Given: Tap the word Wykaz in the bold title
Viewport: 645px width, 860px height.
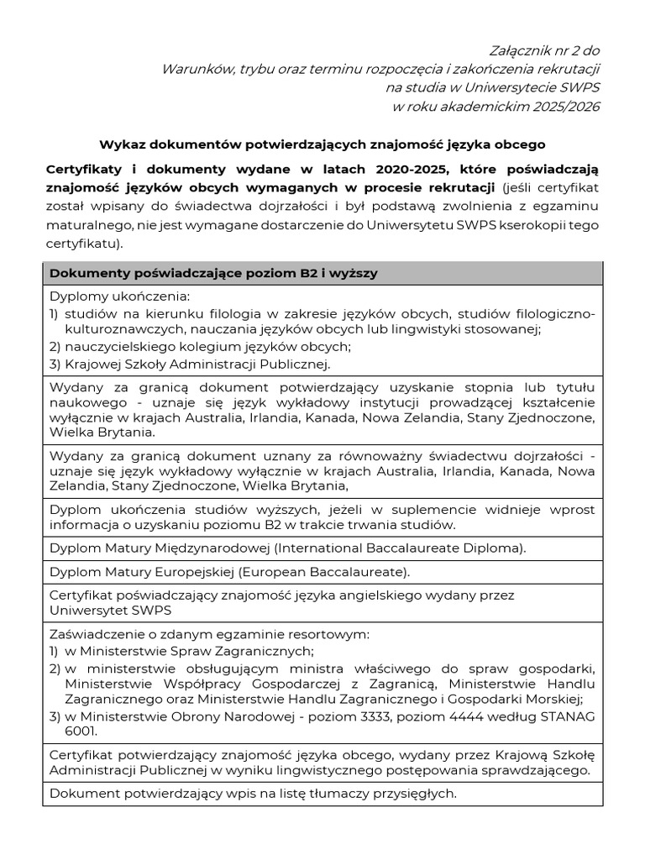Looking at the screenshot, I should tap(120, 144).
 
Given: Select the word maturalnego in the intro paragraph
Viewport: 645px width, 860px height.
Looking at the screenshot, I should tap(86, 225).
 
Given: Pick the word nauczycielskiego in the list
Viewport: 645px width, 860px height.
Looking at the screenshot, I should tap(122, 347).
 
